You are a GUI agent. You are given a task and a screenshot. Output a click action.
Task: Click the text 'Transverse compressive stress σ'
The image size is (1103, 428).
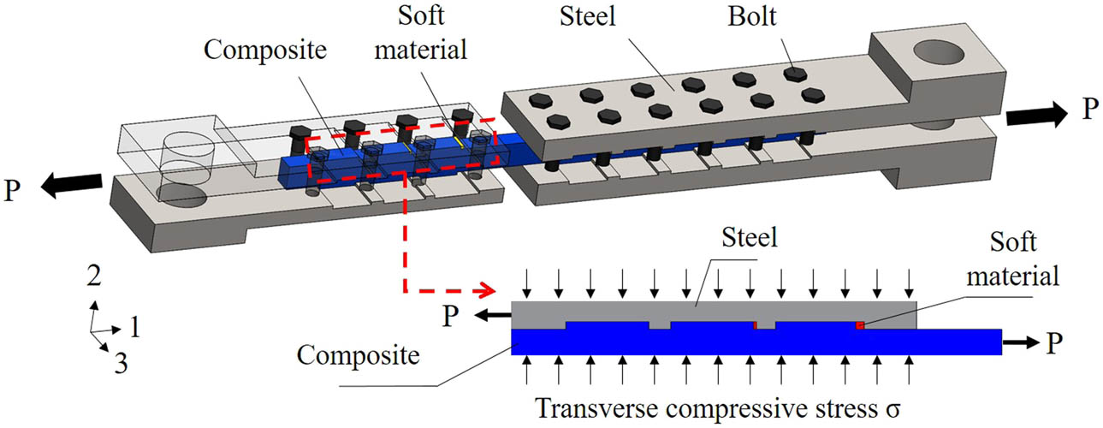[709, 409]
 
